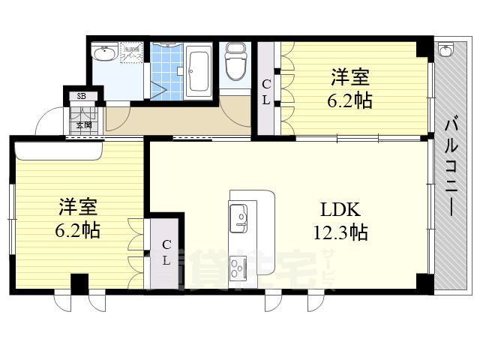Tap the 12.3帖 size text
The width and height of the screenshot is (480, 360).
(x=340, y=232)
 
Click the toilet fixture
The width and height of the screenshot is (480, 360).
(x=234, y=64)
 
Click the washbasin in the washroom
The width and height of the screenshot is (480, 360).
(x=103, y=54)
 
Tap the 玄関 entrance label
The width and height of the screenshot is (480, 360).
(x=82, y=124)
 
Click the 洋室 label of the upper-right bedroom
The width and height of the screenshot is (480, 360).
(x=351, y=77)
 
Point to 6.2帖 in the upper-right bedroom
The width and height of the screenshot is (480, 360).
(x=351, y=100)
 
